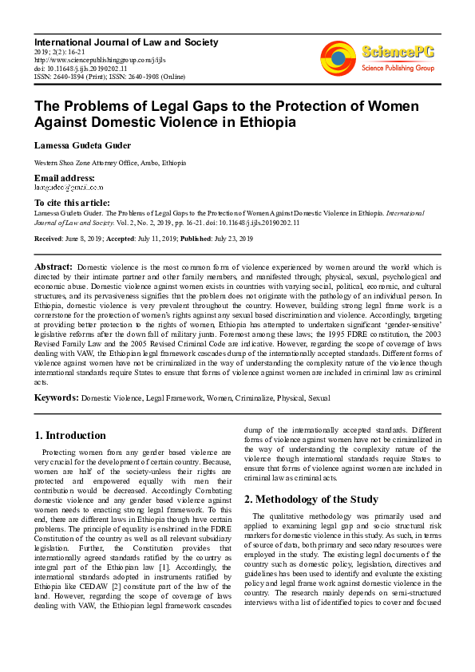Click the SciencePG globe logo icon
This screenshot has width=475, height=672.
tap(338, 57)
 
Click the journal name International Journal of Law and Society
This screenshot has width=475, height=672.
tap(125, 42)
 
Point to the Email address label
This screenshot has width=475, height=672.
tap(64, 177)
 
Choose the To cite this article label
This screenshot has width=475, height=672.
tap(72, 204)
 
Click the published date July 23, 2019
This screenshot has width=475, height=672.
tap(229, 239)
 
